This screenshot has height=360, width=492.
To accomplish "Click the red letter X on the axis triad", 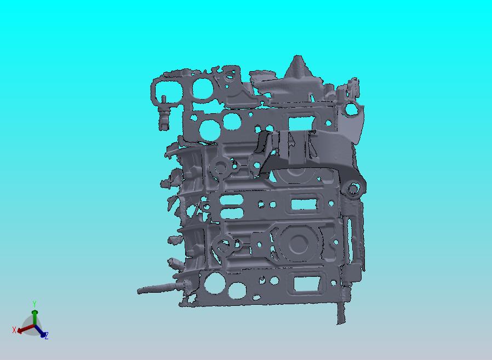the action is pos(14,329).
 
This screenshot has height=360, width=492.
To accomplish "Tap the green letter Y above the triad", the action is pos(35,304).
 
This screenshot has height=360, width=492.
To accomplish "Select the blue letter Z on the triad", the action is pos(47,336).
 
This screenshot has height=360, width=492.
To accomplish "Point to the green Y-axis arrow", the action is pos(35,317).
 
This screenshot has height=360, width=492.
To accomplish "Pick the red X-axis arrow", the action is pos(26,328).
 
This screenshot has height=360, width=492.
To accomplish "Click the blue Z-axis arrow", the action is pos(40,331).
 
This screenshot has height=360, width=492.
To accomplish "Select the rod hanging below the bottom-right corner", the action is pos(341,312).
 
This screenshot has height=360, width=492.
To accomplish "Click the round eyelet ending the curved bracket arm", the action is pos(353,189).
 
